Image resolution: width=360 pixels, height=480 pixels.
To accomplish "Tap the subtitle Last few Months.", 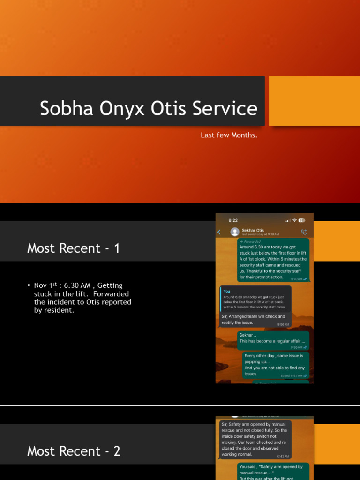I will (x=229, y=135).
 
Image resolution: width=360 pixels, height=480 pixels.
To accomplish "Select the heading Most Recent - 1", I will (x=74, y=248).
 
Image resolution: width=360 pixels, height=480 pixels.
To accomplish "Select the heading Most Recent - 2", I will (x=74, y=451).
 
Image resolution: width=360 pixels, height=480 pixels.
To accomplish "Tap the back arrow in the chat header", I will (x=219, y=232).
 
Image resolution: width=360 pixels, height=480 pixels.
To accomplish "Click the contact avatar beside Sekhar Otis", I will (x=235, y=232).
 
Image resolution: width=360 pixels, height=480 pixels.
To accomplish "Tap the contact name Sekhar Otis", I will (x=253, y=230).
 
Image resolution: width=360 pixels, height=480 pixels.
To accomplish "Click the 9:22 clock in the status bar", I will (x=233, y=220).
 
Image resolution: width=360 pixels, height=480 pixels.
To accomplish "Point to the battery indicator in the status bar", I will (x=301, y=220).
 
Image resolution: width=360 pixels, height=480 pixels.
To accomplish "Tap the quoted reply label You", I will (x=227, y=291).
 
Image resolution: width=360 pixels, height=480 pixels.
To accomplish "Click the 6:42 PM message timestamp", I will (x=284, y=456).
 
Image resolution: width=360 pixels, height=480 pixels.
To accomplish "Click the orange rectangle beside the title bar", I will (x=314, y=101).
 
